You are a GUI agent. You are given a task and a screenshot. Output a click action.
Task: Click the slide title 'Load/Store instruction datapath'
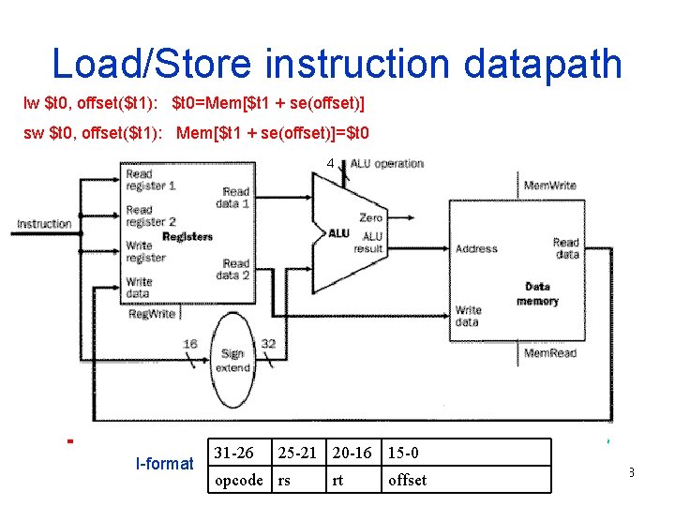337,64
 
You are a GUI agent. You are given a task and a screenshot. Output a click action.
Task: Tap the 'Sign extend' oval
232,361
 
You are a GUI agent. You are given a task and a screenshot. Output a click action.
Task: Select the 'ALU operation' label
387,164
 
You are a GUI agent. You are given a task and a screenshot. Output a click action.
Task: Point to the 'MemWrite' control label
549,186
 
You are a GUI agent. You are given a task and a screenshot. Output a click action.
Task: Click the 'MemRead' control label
549,353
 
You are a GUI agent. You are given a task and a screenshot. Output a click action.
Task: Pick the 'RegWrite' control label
151,314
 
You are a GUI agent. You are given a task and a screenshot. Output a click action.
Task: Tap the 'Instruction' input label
44,224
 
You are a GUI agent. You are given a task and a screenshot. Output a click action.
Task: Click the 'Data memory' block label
537,293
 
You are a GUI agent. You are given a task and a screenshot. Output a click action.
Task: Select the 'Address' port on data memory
476,249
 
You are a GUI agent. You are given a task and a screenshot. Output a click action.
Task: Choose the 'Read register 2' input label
151,216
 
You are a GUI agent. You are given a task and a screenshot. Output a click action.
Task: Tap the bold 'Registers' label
187,237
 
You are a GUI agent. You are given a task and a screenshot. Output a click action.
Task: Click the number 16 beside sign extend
190,344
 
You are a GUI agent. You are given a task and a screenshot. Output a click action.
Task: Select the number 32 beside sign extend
268,344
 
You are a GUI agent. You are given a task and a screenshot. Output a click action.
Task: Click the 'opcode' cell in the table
239,480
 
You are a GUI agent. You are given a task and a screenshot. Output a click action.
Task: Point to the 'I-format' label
164,463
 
